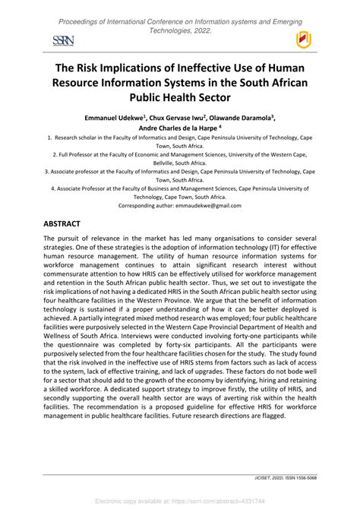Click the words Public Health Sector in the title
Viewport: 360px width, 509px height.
(180, 97)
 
